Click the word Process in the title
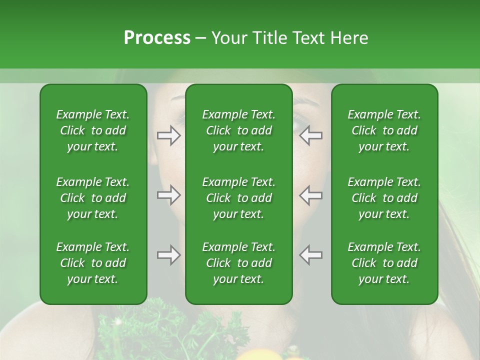[157, 38]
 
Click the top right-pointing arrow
[168, 135]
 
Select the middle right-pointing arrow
[168, 195]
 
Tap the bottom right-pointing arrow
[168, 255]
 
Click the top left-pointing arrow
[311, 135]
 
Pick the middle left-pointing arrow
[311, 195]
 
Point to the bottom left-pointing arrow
[311, 255]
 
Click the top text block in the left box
[93, 130]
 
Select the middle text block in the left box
[93, 198]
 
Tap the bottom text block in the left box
[93, 263]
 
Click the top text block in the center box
[239, 130]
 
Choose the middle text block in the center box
[239, 198]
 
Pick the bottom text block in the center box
[239, 263]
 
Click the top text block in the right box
[384, 130]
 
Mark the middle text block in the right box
[384, 198]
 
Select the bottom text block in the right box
[384, 263]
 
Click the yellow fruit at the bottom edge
[253, 355]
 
